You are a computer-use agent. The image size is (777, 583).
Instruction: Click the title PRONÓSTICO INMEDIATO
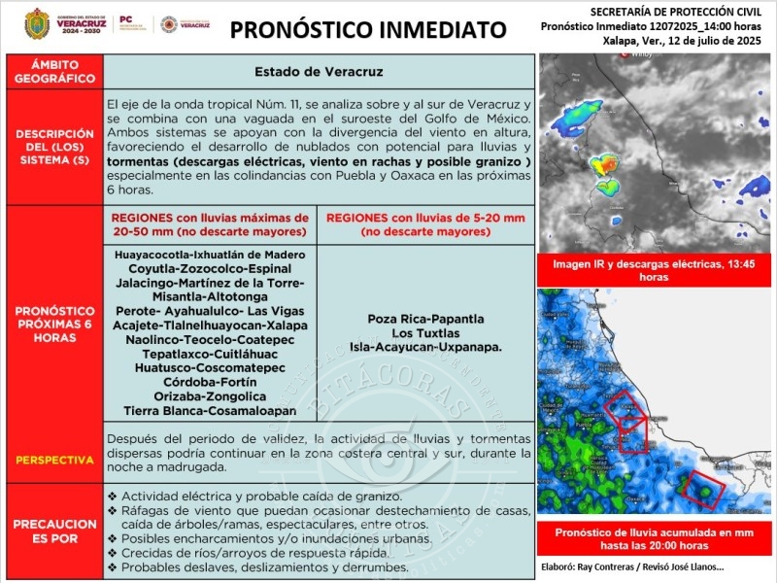point(368,30)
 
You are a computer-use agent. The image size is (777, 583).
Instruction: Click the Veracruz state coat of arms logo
point(37,23)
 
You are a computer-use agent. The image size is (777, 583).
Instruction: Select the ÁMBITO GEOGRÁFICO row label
point(54,71)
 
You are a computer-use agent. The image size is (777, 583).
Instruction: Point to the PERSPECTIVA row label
point(54,459)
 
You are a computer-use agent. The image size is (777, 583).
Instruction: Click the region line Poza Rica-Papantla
point(425,319)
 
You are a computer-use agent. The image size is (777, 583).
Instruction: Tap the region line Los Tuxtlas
point(425,333)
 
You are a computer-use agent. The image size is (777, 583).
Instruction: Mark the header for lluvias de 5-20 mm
point(425,224)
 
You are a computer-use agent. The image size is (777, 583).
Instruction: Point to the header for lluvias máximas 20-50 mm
point(210,224)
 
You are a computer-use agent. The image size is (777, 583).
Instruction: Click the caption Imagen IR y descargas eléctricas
point(654,270)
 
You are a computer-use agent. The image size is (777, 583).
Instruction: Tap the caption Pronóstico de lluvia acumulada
point(654,539)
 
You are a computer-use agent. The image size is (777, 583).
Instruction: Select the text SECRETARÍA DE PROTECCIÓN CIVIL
point(657,10)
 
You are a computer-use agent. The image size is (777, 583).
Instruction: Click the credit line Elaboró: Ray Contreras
point(630,566)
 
